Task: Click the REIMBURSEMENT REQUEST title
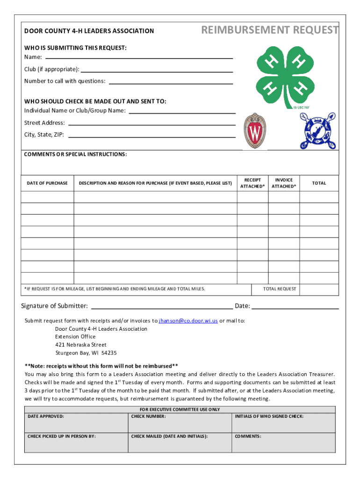(x=270, y=30)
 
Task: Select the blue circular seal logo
(x=318, y=131)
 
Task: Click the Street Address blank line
(x=151, y=124)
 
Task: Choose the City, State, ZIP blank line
(x=151, y=136)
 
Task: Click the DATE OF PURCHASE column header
(x=47, y=183)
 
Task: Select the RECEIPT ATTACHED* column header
(x=252, y=183)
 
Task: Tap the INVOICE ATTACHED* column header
(x=284, y=183)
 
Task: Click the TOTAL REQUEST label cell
(x=280, y=289)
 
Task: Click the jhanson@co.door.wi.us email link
(x=188, y=321)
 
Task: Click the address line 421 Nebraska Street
(x=81, y=345)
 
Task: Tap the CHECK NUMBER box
(x=180, y=422)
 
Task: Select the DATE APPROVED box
(x=76, y=422)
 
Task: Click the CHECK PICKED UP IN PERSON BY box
(x=76, y=443)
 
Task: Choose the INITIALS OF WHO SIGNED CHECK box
(x=284, y=422)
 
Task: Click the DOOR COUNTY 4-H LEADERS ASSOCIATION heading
(x=89, y=31)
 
